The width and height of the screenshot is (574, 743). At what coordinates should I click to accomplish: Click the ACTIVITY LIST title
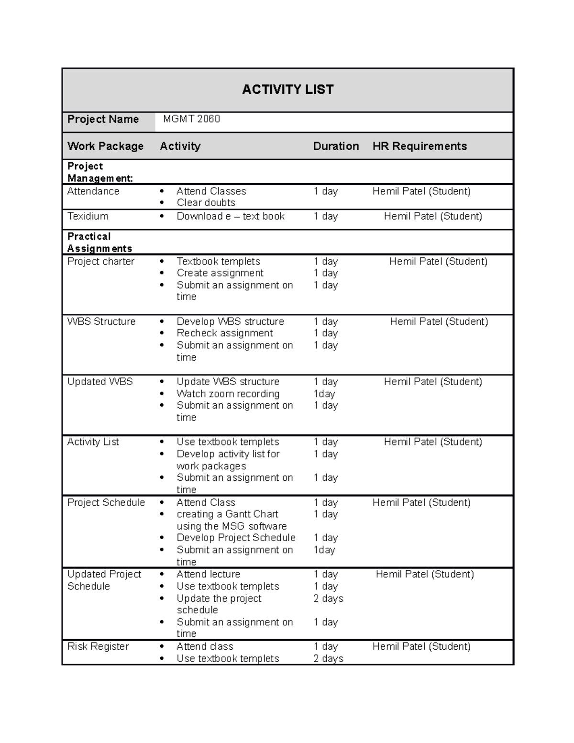[287, 89]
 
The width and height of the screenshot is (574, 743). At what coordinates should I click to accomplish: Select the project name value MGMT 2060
[191, 119]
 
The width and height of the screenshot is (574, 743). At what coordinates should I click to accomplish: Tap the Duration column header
[336, 146]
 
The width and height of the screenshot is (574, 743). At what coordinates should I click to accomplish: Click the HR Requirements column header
[419, 146]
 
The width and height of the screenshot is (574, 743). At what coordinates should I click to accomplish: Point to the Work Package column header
[105, 146]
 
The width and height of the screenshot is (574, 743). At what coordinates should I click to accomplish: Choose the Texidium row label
[88, 216]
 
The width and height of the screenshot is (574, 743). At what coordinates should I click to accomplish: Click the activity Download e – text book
[231, 216]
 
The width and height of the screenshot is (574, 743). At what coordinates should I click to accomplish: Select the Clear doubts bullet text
[206, 203]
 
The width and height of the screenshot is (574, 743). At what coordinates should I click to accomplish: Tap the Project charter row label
[101, 262]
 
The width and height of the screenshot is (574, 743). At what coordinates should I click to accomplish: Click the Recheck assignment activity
[224, 333]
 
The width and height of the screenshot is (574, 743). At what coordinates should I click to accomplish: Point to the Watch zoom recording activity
[228, 394]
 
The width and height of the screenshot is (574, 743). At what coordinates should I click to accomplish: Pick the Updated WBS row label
[100, 382]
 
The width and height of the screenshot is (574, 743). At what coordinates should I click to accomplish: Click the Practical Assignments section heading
[99, 243]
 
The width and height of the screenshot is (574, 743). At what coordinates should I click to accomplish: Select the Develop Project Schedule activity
[236, 538]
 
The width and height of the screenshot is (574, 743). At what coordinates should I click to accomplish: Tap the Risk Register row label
[98, 647]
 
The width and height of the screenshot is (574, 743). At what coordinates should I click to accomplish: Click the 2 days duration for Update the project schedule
[328, 599]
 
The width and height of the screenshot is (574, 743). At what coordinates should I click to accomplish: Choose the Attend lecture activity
[208, 574]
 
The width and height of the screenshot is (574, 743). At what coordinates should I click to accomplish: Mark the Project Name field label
[103, 119]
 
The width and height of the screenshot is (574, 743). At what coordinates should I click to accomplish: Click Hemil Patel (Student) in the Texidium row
[433, 216]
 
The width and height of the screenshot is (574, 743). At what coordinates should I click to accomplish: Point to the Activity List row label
[93, 442]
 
